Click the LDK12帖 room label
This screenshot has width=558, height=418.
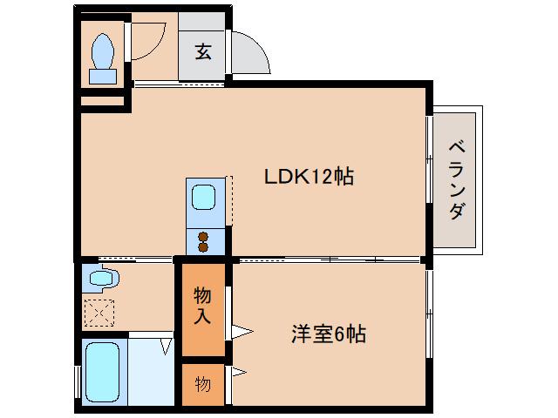pyautogui.click(x=309, y=177)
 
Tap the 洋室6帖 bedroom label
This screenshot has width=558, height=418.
pyautogui.click(x=327, y=334)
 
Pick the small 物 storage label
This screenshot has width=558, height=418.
pyautogui.click(x=202, y=383)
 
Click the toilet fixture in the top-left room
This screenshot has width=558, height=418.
pyautogui.click(x=102, y=57)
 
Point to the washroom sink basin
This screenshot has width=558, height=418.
pyautogui.click(x=101, y=280)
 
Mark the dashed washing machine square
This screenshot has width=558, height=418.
pyautogui.click(x=99, y=312)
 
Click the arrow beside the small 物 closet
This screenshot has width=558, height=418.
pyautogui.click(x=238, y=374)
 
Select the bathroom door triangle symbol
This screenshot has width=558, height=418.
pyautogui.click(x=166, y=347)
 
